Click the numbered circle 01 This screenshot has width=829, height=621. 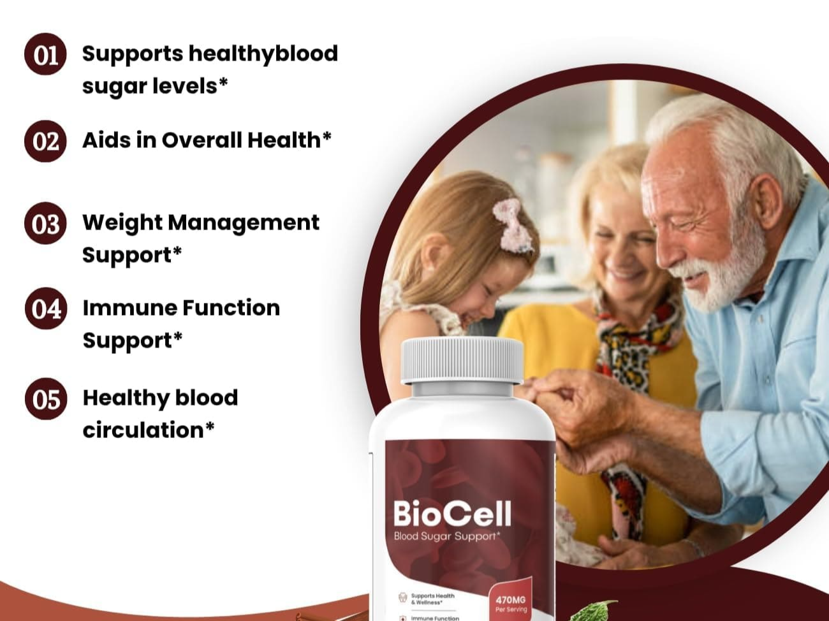tap(45, 54)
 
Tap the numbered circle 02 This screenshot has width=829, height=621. tap(45, 141)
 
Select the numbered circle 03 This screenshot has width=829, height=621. tap(45, 223)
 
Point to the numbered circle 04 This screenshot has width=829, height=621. tap(46, 309)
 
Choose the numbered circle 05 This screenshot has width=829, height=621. tap(46, 398)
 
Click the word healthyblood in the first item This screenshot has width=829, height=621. tap(263, 54)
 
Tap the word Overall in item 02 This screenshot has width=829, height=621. tap(202, 140)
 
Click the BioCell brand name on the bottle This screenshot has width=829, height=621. tap(452, 513)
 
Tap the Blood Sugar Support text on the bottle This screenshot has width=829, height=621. tap(447, 536)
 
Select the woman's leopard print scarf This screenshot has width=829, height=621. tap(627, 362)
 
